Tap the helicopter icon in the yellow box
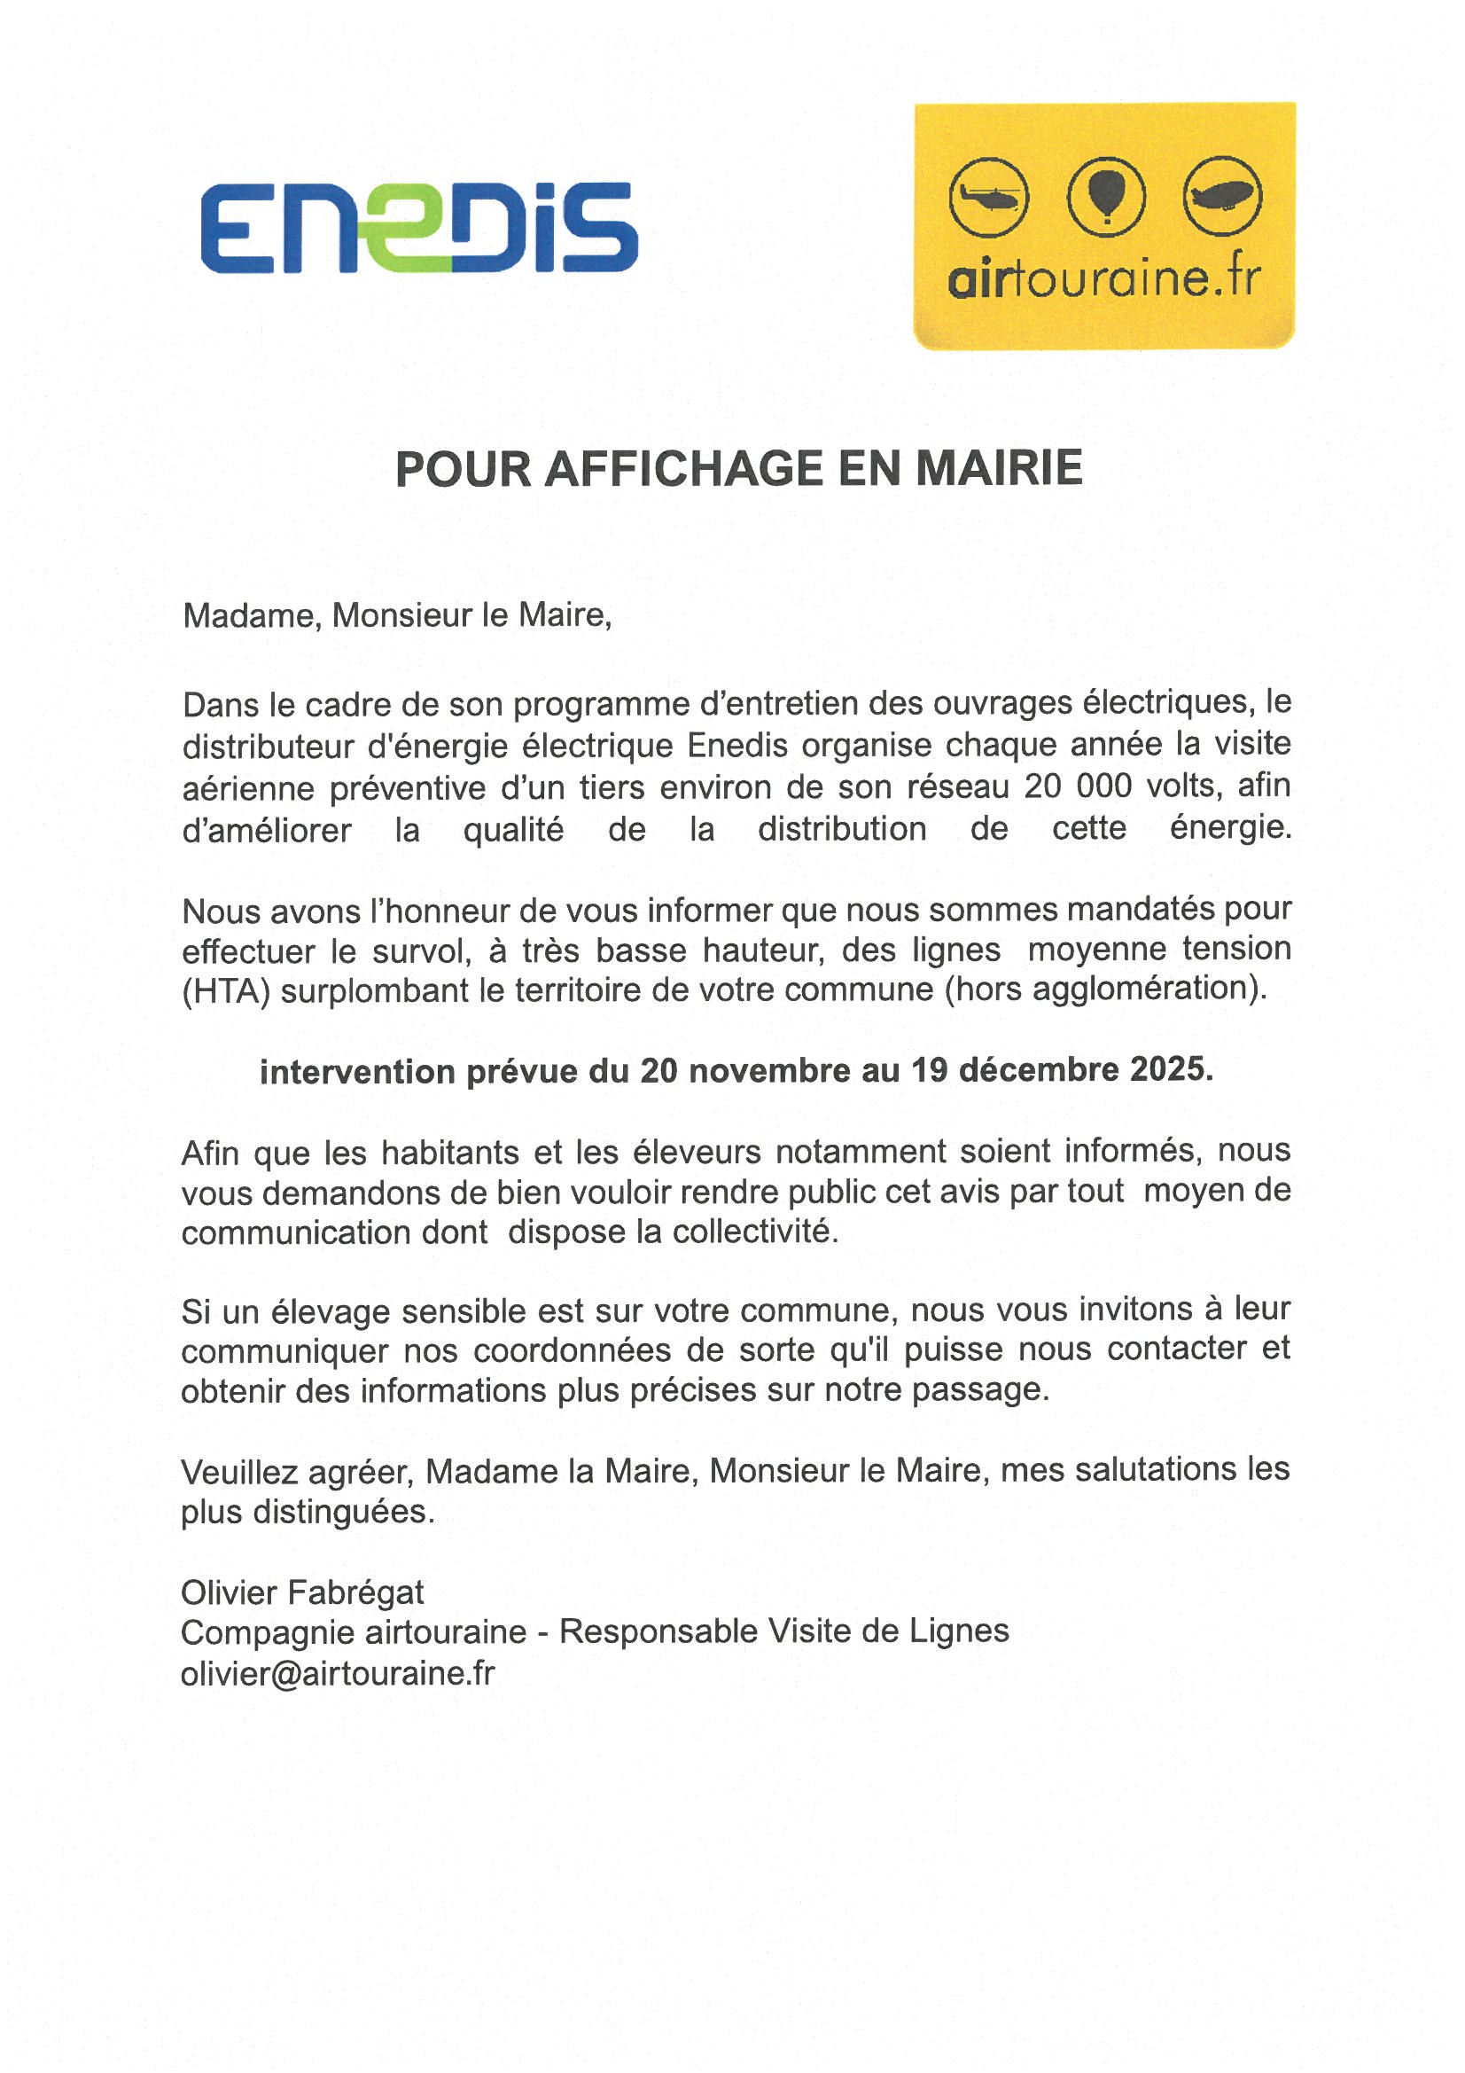click(x=988, y=197)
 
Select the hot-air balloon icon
click(x=1106, y=196)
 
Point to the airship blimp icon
click(x=1222, y=196)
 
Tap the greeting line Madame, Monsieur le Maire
click(x=397, y=615)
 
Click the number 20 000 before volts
click(x=1077, y=786)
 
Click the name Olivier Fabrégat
click(x=302, y=1592)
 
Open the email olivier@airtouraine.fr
click(x=338, y=1673)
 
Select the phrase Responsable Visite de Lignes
click(x=783, y=1631)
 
